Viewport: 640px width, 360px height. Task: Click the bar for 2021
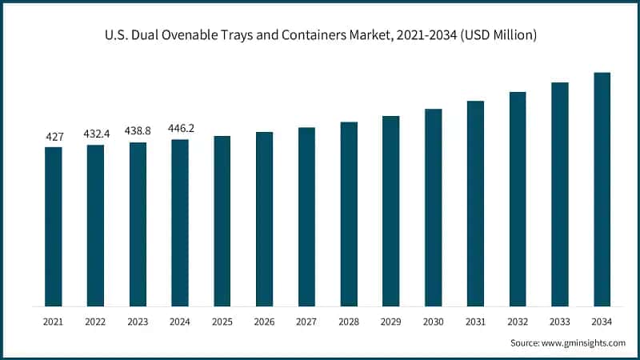click(x=54, y=226)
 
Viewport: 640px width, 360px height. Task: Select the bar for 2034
click(x=602, y=190)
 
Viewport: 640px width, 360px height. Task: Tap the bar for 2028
click(x=349, y=214)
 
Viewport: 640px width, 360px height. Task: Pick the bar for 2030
click(x=433, y=207)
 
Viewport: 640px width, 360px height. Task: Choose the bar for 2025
click(x=222, y=221)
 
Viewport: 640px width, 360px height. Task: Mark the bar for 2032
click(x=518, y=199)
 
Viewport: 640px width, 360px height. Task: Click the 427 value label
click(x=54, y=137)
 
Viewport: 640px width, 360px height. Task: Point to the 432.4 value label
click(x=95, y=134)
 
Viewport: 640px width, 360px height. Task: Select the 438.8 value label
click(x=138, y=132)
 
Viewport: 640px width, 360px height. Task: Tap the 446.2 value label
click(x=180, y=128)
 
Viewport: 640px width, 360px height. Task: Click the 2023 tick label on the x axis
click(x=138, y=321)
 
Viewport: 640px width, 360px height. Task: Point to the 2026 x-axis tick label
click(x=264, y=321)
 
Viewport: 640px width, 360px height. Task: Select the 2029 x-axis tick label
click(x=390, y=321)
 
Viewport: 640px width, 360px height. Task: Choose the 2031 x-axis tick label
click(x=475, y=321)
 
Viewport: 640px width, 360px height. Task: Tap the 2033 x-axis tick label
click(x=559, y=321)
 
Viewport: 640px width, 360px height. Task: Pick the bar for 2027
click(x=306, y=217)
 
